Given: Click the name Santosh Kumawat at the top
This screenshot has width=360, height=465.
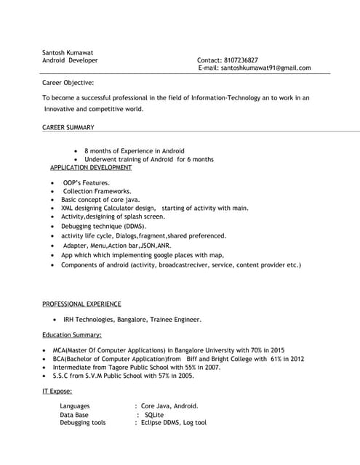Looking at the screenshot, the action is coord(68,52).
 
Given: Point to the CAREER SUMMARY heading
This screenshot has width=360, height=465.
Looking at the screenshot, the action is coord(68,128).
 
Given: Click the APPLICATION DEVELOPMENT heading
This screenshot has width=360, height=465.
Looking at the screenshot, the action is coord(91,167).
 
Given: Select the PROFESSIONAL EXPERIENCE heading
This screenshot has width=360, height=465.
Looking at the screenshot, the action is coord(81,304).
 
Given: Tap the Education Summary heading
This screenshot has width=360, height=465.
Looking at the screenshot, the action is coord(72,335).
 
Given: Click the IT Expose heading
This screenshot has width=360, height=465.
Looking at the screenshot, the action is coord(57,392).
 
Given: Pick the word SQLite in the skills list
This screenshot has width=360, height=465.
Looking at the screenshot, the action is coord(154,414).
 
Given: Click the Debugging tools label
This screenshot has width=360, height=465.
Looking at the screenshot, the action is coord(83,422).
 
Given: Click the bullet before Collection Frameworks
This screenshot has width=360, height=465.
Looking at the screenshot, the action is coord(53,191).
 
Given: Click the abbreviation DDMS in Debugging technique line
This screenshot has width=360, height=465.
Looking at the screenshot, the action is coord(133,227).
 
